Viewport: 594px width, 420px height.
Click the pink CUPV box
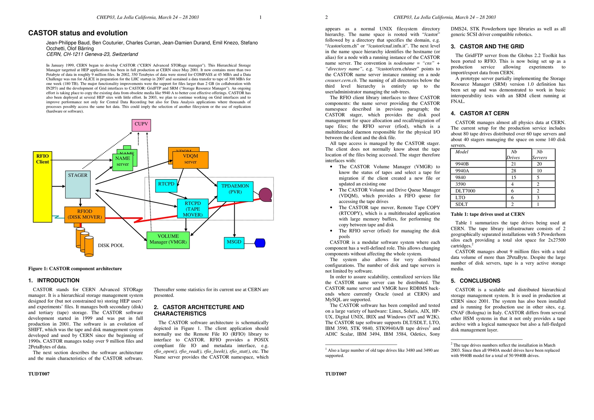[141, 125]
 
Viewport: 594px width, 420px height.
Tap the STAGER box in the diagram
[78, 184]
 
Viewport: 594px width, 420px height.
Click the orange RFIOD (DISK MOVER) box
[85, 215]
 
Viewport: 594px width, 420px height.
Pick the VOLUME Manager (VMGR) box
[168, 240]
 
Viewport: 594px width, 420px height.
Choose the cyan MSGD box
[234, 243]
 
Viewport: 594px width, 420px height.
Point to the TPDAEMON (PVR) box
[235, 191]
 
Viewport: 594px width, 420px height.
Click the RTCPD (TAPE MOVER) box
[193, 209]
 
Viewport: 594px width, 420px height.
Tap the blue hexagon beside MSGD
[260, 243]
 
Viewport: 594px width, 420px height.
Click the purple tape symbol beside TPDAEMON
[265, 195]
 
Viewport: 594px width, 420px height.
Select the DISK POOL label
[111, 246]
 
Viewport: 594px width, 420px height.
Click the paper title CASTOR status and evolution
[78, 33]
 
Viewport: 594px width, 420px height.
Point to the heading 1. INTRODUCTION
[54, 280]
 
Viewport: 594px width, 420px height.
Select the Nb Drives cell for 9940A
[513, 171]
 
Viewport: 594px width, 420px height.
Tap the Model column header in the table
[462, 152]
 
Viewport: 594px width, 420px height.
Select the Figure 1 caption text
[75, 268]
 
